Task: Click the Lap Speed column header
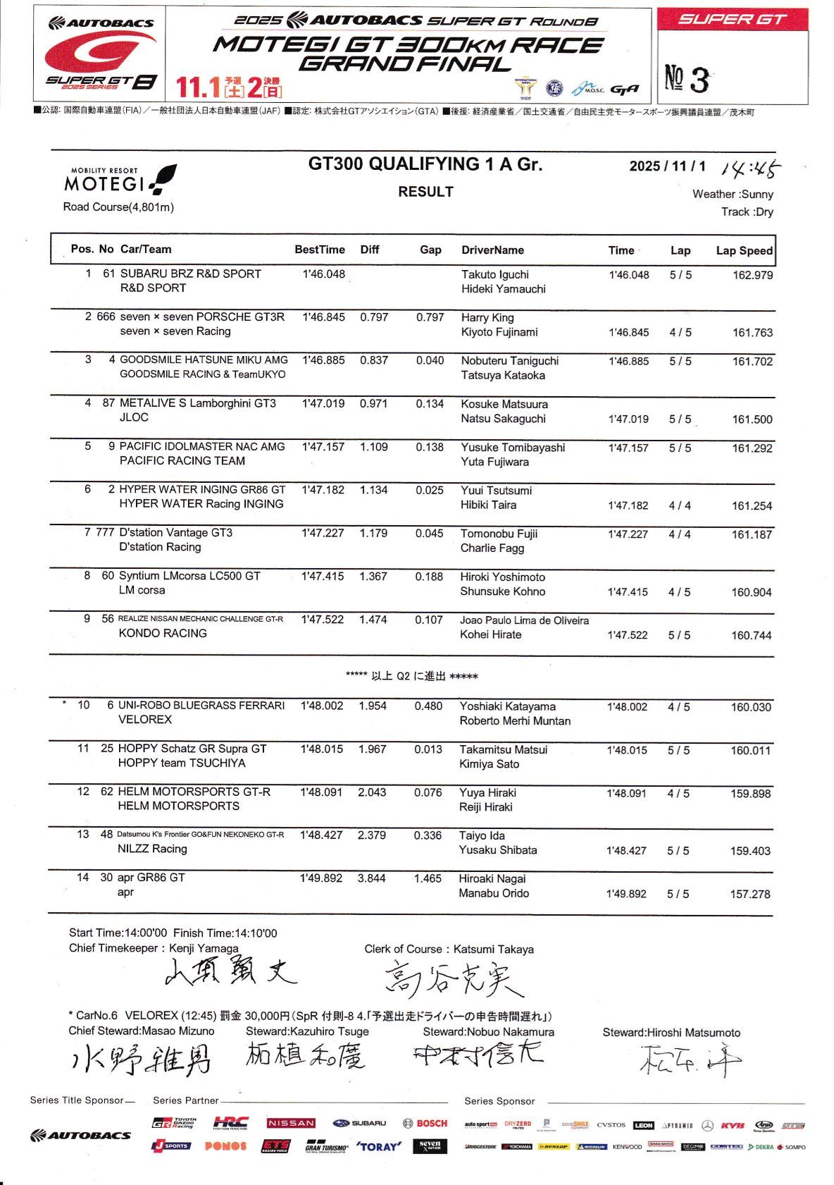point(744,250)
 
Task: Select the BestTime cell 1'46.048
point(323,274)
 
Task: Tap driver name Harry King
point(487,318)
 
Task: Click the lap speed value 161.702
point(752,362)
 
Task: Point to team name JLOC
point(134,417)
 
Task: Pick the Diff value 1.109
point(373,447)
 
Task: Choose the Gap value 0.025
point(429,490)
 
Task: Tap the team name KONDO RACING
point(163,633)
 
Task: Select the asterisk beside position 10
point(65,704)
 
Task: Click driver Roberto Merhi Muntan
point(515,720)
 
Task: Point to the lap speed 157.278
point(749,894)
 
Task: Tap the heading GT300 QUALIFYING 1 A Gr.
point(425,164)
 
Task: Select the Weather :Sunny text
point(733,194)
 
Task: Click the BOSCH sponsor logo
point(425,1123)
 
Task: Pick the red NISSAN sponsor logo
point(291,1123)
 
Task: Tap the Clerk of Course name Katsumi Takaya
point(493,950)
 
